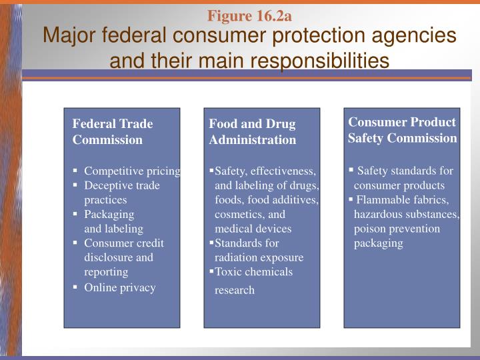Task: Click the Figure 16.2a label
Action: click(249, 15)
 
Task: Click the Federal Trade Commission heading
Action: click(113, 131)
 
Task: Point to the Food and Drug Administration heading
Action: click(252, 132)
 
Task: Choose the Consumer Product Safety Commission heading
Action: click(402, 130)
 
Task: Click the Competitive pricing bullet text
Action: click(132, 171)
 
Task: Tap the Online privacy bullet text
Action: click(119, 287)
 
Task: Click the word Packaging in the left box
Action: click(109, 214)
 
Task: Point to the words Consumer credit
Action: click(123, 243)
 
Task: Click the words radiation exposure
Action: click(259, 257)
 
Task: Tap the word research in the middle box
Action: click(235, 290)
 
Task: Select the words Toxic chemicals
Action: click(253, 271)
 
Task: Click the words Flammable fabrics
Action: click(403, 199)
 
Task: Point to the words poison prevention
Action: click(397, 229)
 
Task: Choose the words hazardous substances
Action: click(407, 214)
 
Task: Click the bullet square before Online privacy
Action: click(75, 287)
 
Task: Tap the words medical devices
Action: click(253, 229)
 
